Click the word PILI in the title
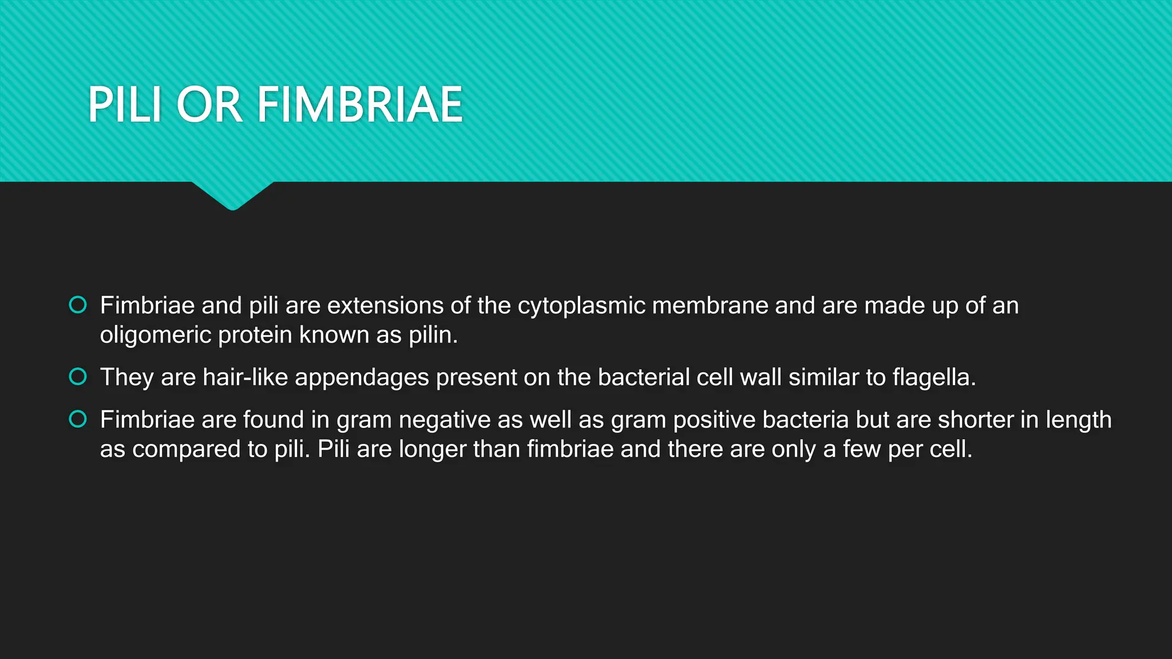(124, 105)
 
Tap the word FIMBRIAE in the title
(359, 105)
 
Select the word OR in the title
(209, 105)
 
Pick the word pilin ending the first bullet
(433, 335)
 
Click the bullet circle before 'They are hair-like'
(78, 377)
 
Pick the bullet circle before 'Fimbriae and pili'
(78, 305)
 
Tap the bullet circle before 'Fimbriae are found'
(78, 419)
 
